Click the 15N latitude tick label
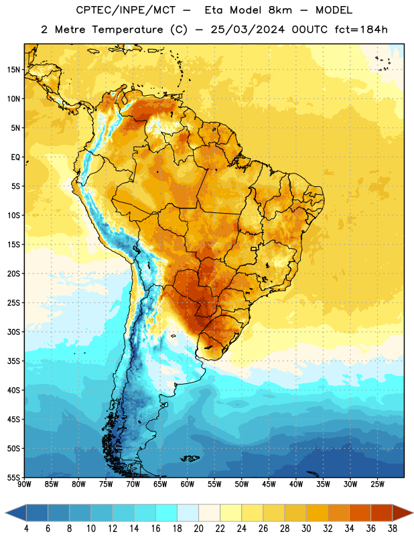point(13,70)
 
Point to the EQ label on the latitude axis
point(15,157)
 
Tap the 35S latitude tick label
point(13,361)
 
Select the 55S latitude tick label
point(13,478)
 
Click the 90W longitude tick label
point(24,484)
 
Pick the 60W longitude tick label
point(188,484)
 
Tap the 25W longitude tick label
point(377,484)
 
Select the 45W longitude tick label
point(269,484)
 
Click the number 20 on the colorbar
point(198,529)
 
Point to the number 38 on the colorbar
point(393,529)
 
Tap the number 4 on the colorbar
point(26,529)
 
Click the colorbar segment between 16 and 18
point(166,513)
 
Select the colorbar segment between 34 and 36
point(360,513)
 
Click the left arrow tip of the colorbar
point(5,513)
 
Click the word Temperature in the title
point(127,29)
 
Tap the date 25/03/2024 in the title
point(247,29)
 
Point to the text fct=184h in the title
point(361,29)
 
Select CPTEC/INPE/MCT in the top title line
point(126,10)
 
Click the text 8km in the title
point(280,10)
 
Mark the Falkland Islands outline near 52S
point(190,458)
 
